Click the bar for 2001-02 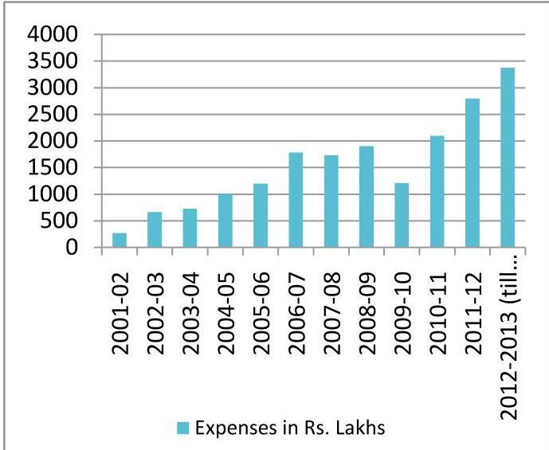(120, 240)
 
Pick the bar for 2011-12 (472, 173)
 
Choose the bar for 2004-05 (225, 221)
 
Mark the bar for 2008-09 (367, 197)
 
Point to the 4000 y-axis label (53, 34)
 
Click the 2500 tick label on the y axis (53, 115)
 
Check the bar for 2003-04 (190, 228)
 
